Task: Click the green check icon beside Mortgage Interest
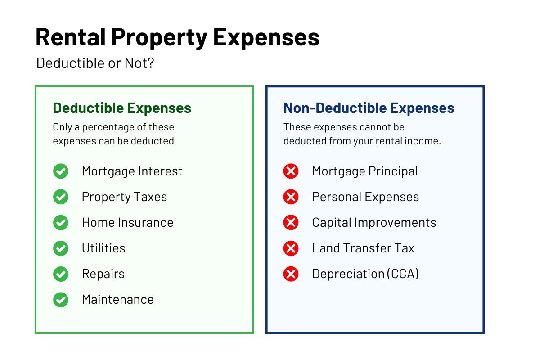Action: (x=61, y=171)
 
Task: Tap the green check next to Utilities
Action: (x=61, y=248)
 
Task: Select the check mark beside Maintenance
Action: (x=61, y=300)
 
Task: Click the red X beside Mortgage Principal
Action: (x=291, y=171)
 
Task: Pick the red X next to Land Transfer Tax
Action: (x=291, y=248)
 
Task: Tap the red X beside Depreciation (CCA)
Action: (x=291, y=274)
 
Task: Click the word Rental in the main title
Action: (x=71, y=37)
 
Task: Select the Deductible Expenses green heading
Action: (x=122, y=108)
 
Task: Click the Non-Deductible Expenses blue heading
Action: (x=369, y=108)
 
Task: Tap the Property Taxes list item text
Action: (x=124, y=197)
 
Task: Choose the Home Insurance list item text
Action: (x=127, y=222)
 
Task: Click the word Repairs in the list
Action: (x=103, y=274)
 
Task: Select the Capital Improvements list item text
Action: (x=374, y=223)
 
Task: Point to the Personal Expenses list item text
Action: (x=365, y=197)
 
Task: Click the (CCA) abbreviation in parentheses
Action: (x=403, y=274)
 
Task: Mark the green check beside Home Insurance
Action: (x=61, y=223)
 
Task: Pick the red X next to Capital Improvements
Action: (x=291, y=223)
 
